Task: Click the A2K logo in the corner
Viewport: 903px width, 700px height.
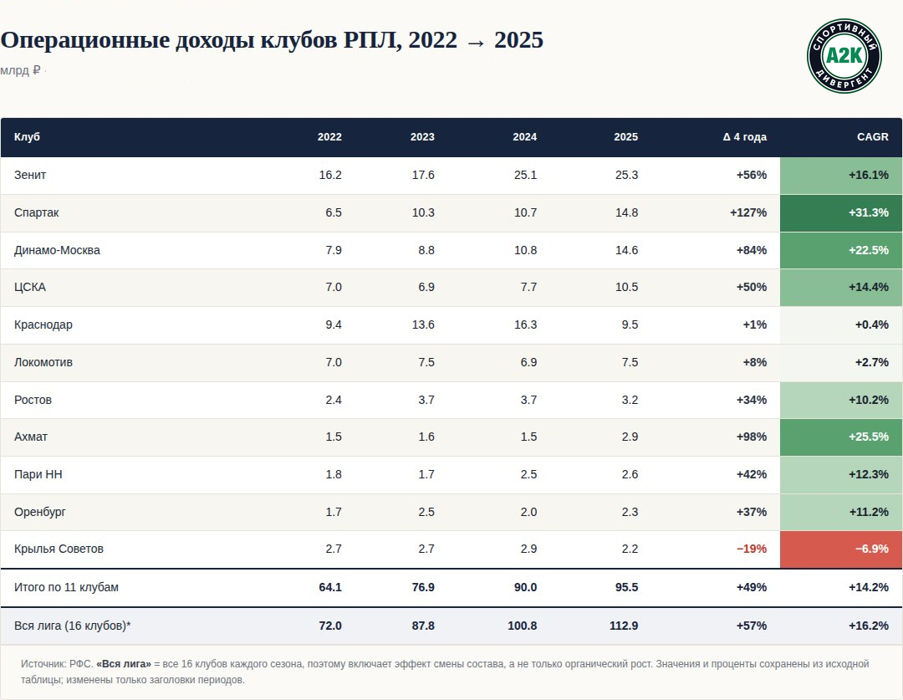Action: click(x=844, y=56)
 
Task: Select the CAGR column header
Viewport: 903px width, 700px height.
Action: click(x=872, y=137)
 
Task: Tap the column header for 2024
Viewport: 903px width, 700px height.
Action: click(x=524, y=137)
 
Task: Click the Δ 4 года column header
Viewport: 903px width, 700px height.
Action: click(x=745, y=137)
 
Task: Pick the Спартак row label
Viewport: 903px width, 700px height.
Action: click(x=36, y=212)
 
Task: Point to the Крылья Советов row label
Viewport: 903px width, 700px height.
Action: click(x=59, y=549)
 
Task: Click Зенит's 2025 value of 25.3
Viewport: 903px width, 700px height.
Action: click(x=626, y=175)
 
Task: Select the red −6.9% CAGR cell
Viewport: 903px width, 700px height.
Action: click(x=841, y=549)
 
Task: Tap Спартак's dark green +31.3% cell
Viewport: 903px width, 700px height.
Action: click(x=841, y=212)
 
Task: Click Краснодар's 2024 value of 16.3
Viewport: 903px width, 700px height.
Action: click(x=525, y=325)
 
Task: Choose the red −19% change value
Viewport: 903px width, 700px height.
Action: click(x=752, y=549)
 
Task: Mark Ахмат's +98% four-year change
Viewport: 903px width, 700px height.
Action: click(x=752, y=437)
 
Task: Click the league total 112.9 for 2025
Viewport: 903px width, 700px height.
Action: click(x=624, y=626)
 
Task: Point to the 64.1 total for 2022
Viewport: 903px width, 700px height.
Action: click(x=330, y=588)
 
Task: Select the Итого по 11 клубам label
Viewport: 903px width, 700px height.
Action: click(x=66, y=588)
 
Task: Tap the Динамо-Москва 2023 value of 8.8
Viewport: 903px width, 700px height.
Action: click(x=426, y=250)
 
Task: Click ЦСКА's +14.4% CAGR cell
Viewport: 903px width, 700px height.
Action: click(x=841, y=288)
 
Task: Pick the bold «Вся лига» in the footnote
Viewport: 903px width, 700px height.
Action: click(x=123, y=664)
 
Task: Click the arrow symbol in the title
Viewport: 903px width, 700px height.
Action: click(x=476, y=42)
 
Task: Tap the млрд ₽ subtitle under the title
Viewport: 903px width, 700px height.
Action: click(x=20, y=70)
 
